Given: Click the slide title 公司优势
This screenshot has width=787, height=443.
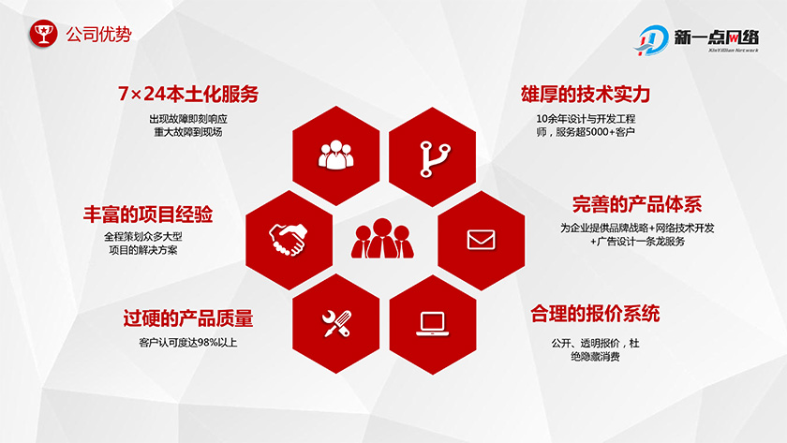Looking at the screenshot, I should [98, 35].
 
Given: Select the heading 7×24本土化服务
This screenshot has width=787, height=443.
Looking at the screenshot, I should [188, 95].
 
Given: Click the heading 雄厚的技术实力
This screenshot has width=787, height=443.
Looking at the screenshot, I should [586, 95].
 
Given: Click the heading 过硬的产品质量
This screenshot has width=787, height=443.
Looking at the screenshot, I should [187, 318].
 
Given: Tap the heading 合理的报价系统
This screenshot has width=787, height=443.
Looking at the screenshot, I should [595, 313].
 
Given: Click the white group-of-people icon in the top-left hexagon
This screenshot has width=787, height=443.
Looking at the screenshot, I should [336, 155].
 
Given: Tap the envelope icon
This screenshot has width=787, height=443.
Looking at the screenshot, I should [481, 239].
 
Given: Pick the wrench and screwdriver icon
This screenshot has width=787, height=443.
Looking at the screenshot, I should [335, 322].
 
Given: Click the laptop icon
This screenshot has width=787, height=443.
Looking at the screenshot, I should [432, 322].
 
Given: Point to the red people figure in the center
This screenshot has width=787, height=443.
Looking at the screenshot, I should [384, 238].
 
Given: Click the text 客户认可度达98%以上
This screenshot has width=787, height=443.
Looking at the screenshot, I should [187, 343].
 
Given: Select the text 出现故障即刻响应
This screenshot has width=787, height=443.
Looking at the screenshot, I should [188, 119].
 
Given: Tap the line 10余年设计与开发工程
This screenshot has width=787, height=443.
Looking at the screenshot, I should [586, 119].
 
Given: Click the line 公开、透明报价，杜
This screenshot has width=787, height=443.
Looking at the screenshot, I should [595, 342].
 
